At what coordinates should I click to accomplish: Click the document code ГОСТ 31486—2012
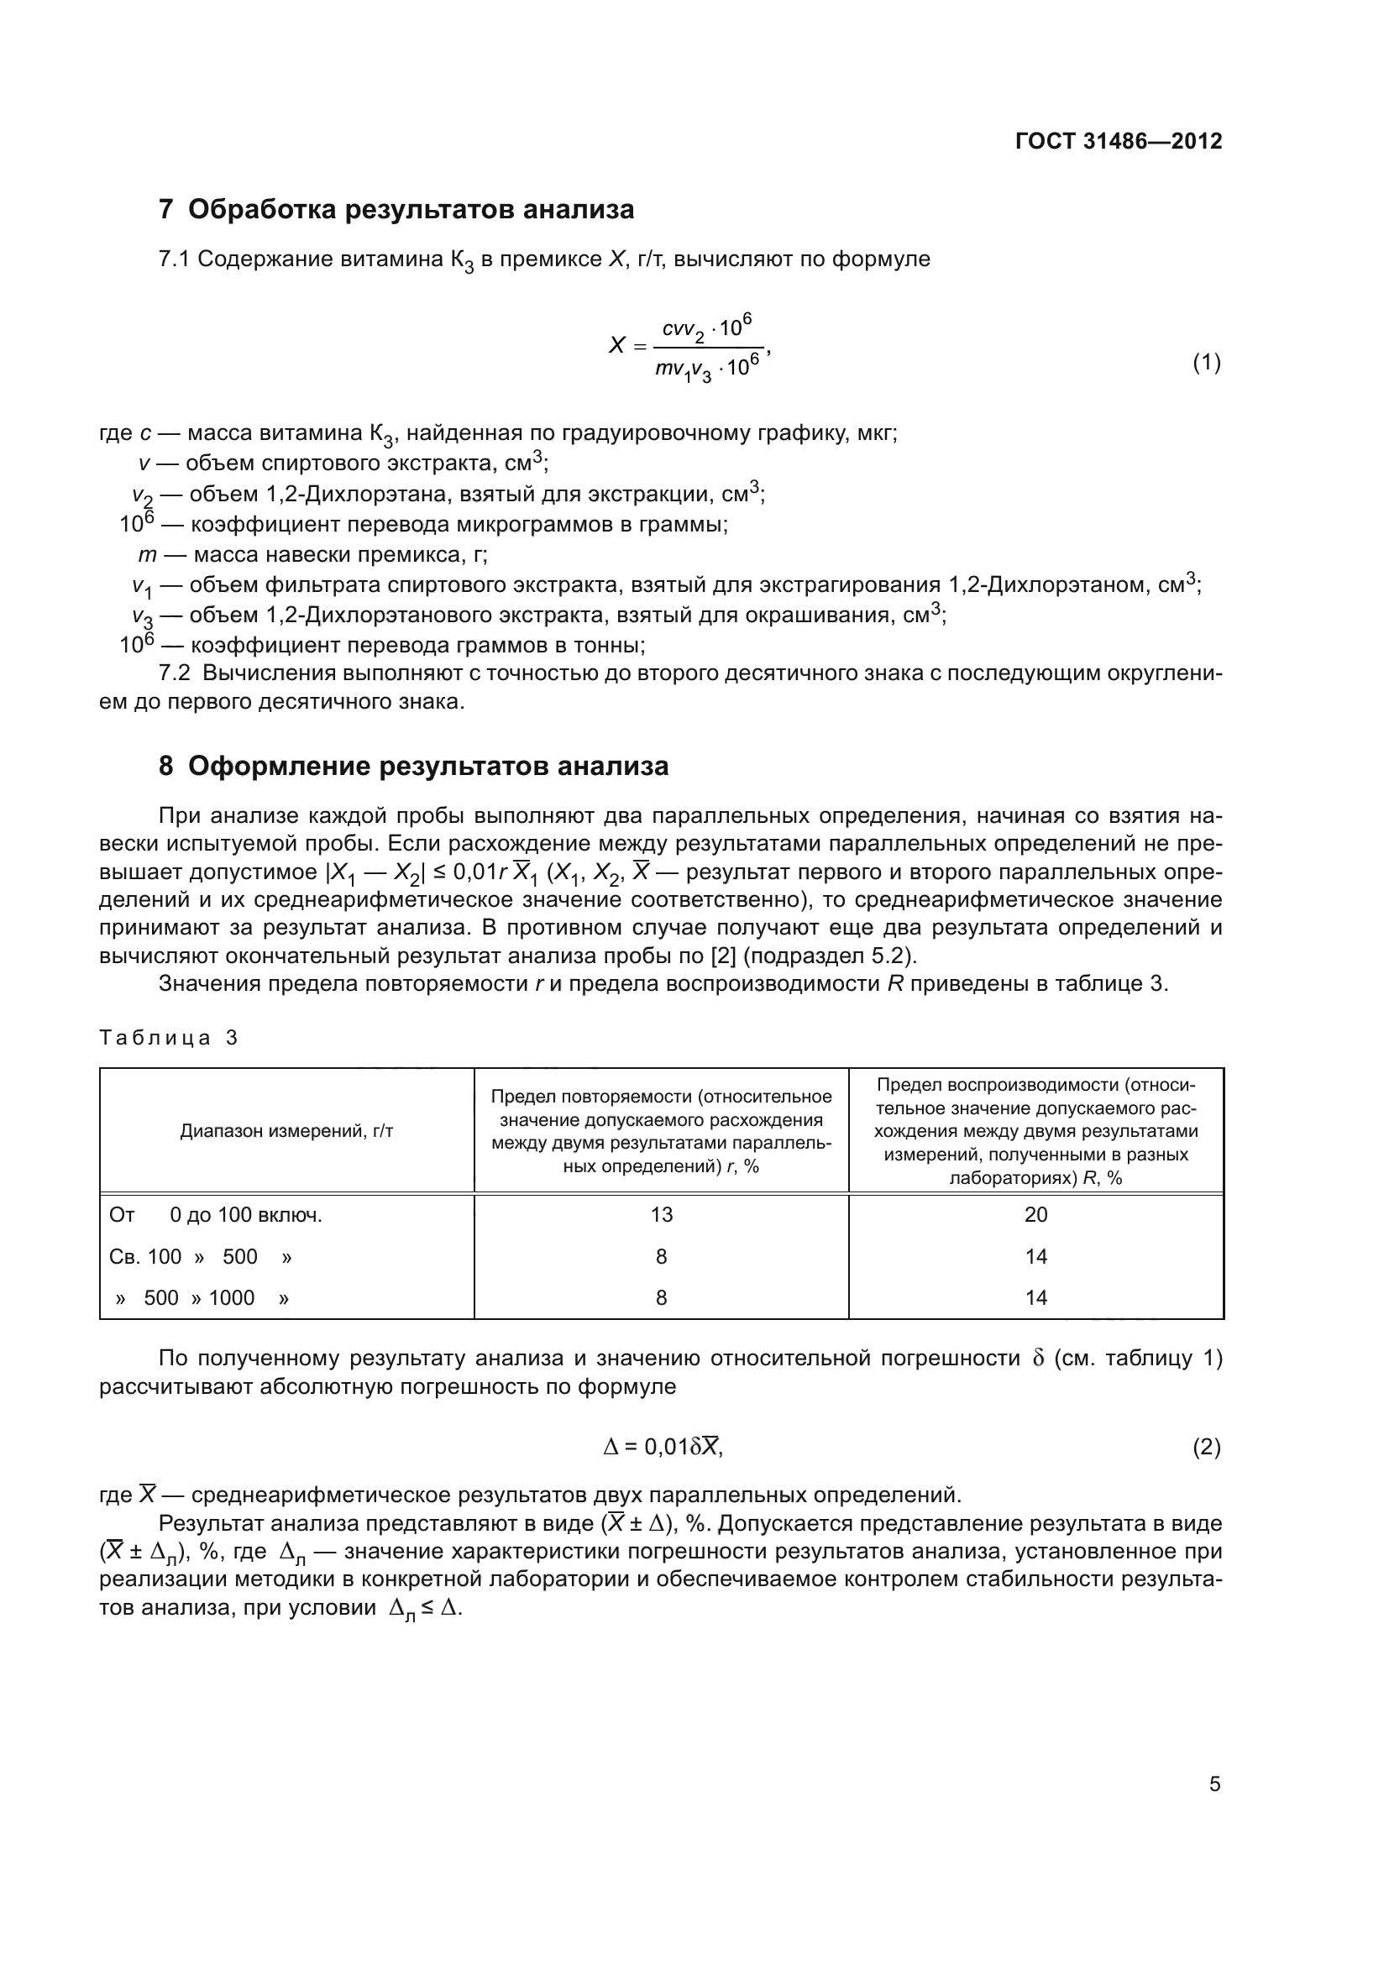pyautogui.click(x=1118, y=141)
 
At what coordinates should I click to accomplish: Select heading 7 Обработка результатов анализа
pyautogui.click(x=396, y=209)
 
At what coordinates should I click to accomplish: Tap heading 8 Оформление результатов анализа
pyautogui.click(x=413, y=766)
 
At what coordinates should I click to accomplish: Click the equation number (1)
pyautogui.click(x=1206, y=363)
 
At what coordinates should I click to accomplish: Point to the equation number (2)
pyautogui.click(x=1206, y=1448)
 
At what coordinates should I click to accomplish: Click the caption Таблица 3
pyautogui.click(x=169, y=1038)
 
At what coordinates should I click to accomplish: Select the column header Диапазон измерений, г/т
pyautogui.click(x=286, y=1131)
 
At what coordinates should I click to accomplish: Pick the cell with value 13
pyautogui.click(x=661, y=1215)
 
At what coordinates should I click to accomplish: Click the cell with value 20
pyautogui.click(x=1035, y=1215)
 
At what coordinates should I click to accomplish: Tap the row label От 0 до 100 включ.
pyautogui.click(x=216, y=1215)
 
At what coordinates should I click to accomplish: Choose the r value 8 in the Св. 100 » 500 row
pyautogui.click(x=661, y=1257)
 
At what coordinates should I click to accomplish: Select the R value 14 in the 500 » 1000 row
pyautogui.click(x=1035, y=1297)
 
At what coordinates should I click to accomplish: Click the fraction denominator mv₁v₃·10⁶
pyautogui.click(x=706, y=369)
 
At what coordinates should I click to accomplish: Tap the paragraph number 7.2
pyautogui.click(x=175, y=673)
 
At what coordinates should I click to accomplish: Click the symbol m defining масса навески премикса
pyautogui.click(x=147, y=555)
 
